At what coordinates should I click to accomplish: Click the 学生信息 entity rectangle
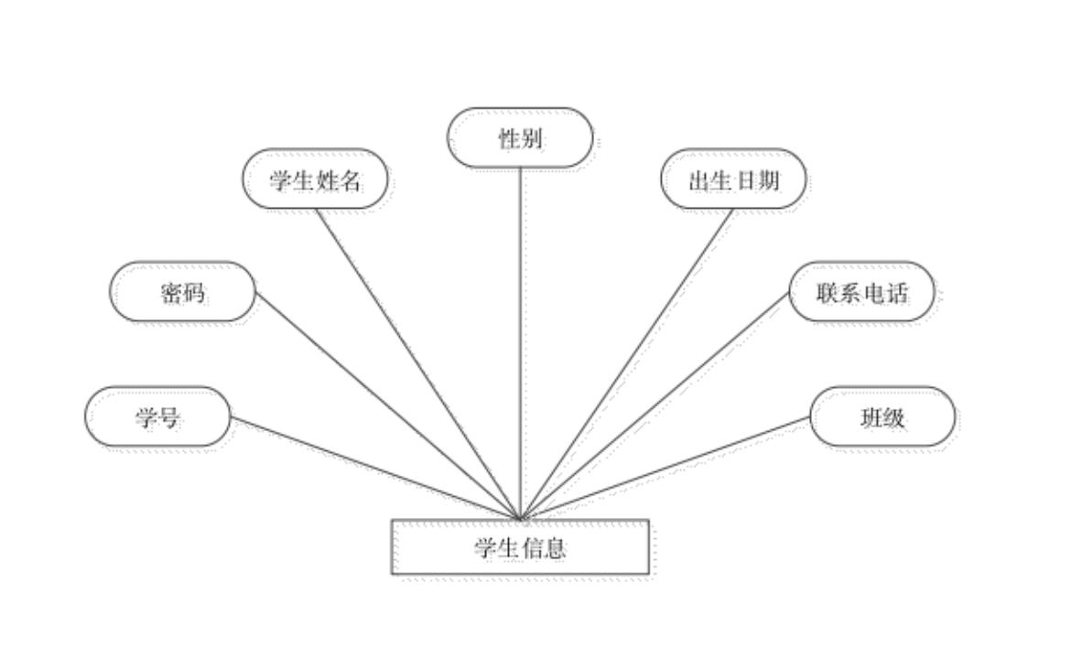click(x=521, y=549)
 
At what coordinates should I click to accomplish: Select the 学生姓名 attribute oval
click(x=318, y=181)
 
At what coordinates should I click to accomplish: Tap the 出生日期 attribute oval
click(x=736, y=181)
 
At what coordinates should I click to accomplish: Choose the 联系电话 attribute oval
click(x=863, y=294)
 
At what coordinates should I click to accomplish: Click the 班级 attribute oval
click(x=885, y=419)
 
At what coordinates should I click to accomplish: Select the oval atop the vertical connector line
click(x=522, y=140)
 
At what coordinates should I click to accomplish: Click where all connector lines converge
click(x=523, y=516)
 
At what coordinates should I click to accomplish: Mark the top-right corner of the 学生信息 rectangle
click(x=649, y=523)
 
